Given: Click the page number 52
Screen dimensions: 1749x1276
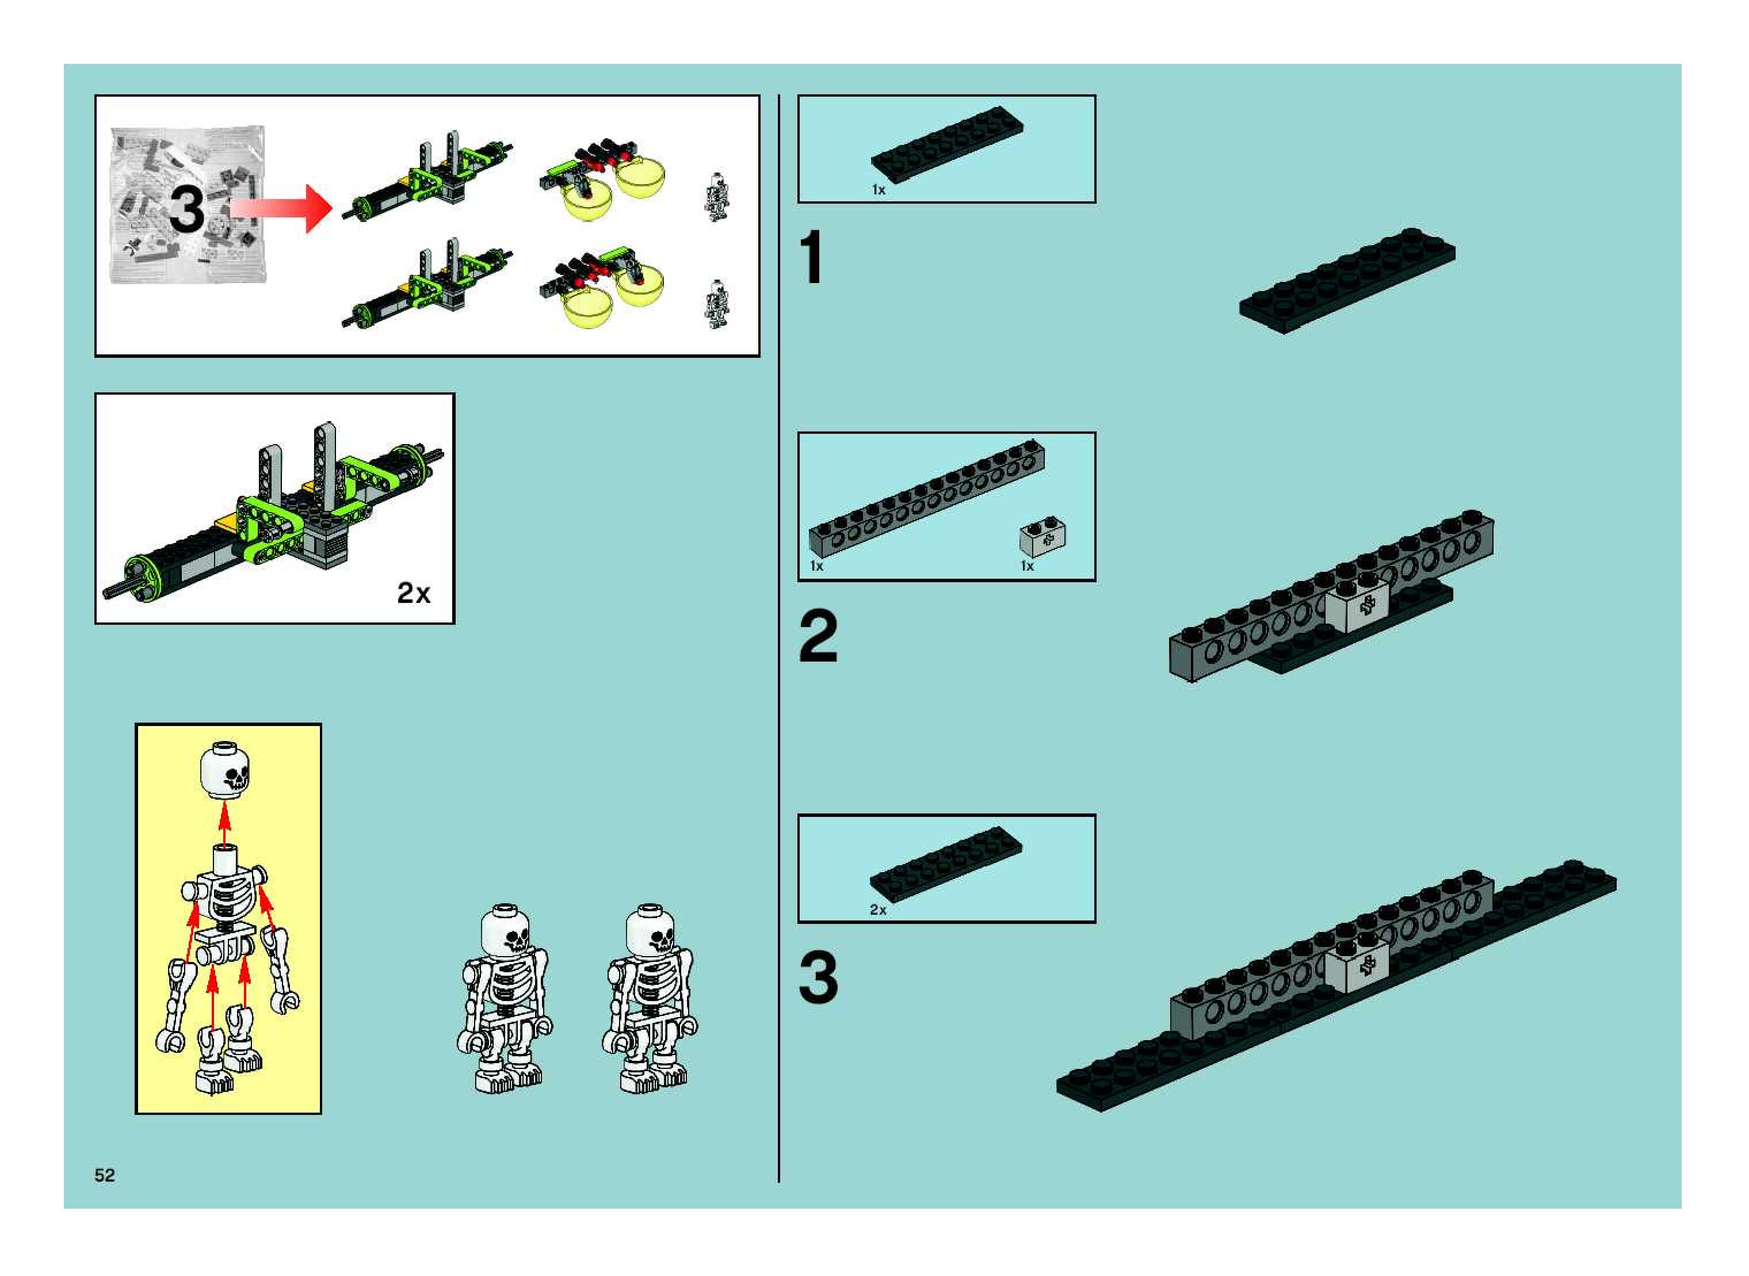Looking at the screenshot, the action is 104,1175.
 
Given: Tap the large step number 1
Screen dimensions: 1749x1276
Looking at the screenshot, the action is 811,257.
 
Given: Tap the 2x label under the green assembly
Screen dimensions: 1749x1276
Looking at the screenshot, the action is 413,593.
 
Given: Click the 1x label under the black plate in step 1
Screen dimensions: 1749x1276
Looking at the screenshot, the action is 879,189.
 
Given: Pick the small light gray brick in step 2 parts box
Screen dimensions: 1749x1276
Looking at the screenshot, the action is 1043,538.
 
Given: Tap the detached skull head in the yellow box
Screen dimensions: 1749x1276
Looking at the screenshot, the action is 225,769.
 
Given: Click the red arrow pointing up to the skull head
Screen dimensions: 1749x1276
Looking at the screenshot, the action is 224,825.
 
